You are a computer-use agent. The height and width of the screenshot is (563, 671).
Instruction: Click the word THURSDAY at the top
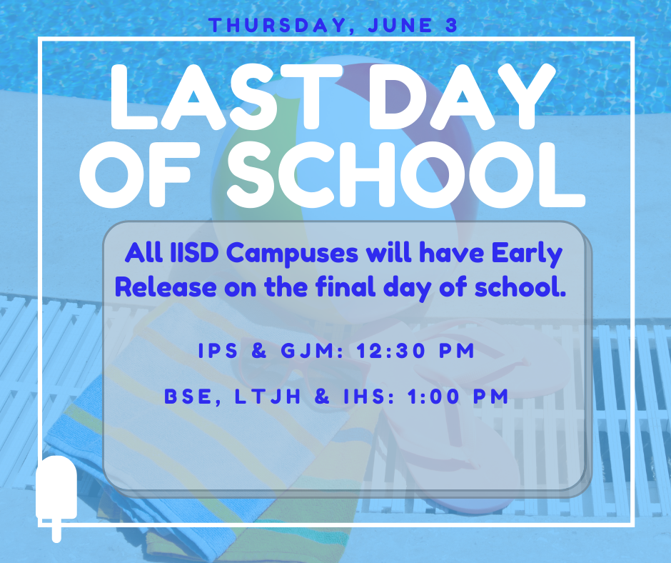click(277, 26)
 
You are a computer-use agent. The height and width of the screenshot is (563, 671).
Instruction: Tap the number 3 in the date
click(451, 25)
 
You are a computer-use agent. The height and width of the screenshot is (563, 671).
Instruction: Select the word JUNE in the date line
click(400, 25)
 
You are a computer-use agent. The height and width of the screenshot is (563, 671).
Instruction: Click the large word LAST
click(226, 97)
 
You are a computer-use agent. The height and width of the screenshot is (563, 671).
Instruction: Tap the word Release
click(166, 287)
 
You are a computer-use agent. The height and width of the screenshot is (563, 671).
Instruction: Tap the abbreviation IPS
click(218, 351)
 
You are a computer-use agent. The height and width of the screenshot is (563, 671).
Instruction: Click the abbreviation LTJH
click(268, 397)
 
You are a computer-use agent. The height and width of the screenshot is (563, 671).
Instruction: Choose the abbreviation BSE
click(188, 397)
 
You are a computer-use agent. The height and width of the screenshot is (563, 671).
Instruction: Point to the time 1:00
click(433, 397)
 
